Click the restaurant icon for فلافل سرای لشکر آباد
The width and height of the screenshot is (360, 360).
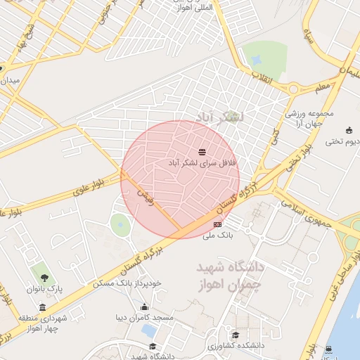point(202,151)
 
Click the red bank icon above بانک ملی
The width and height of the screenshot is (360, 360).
point(217,224)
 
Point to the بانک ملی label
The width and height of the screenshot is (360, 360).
point(217,235)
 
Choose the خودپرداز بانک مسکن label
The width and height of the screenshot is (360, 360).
point(127,283)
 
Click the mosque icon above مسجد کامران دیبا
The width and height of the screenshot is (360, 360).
point(145,307)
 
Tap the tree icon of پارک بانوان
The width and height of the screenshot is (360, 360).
point(44,278)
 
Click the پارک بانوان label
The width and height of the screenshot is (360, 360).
point(45,289)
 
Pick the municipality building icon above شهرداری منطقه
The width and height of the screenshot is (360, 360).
point(43,308)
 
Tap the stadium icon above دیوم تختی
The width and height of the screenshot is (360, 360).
point(349,130)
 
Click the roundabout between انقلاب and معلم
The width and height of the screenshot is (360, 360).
point(293,89)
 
